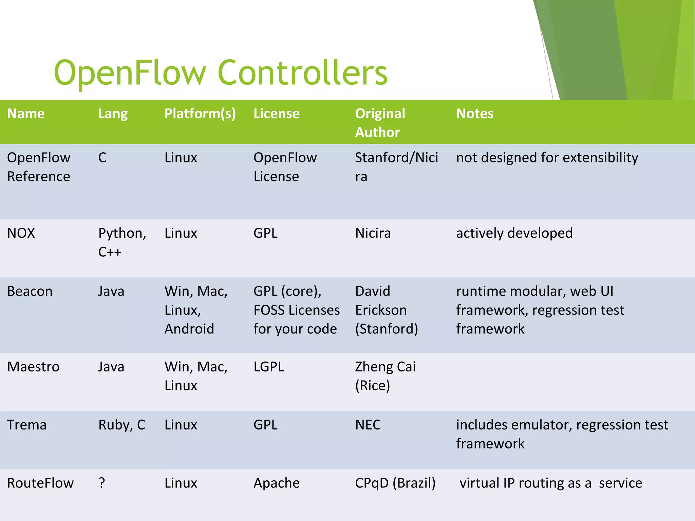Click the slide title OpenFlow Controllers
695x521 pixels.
pyautogui.click(x=221, y=73)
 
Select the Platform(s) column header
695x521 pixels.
pyautogui.click(x=200, y=114)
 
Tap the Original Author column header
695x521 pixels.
pyautogui.click(x=380, y=123)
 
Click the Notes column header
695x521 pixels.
pyautogui.click(x=474, y=114)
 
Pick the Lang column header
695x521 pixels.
pyautogui.click(x=113, y=114)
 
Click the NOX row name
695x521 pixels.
pyautogui.click(x=21, y=233)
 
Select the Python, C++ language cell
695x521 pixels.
pyautogui.click(x=122, y=242)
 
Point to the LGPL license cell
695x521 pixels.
pyautogui.click(x=268, y=367)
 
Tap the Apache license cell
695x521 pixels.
pyautogui.click(x=276, y=483)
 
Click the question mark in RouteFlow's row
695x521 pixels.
pyautogui.click(x=102, y=483)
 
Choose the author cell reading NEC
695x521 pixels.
pyautogui.click(x=368, y=425)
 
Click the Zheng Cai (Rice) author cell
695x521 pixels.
pyautogui.click(x=385, y=376)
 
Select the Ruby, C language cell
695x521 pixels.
pyautogui.click(x=121, y=425)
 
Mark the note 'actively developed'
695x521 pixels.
pyautogui.click(x=514, y=233)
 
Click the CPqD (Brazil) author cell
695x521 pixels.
pyautogui.click(x=395, y=483)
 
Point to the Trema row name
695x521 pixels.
pyautogui.click(x=26, y=425)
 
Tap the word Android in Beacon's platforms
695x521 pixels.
pyautogui.click(x=189, y=329)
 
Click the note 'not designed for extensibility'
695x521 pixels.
pyautogui.click(x=547, y=158)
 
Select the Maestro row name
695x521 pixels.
pyautogui.click(x=33, y=367)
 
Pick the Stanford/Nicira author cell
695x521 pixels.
pyautogui.click(x=396, y=167)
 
